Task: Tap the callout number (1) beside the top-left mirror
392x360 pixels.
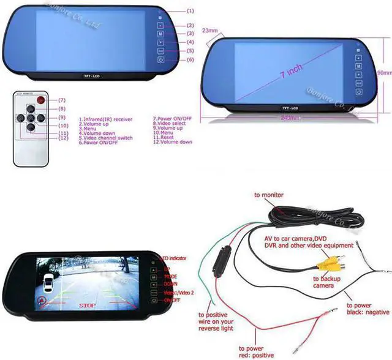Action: click(190, 11)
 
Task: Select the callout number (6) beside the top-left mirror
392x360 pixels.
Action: click(190, 59)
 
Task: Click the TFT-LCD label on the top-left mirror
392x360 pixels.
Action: click(91, 76)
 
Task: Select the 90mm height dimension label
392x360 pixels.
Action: click(384, 72)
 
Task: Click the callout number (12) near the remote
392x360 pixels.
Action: click(62, 138)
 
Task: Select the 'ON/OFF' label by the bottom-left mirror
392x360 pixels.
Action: click(172, 300)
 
